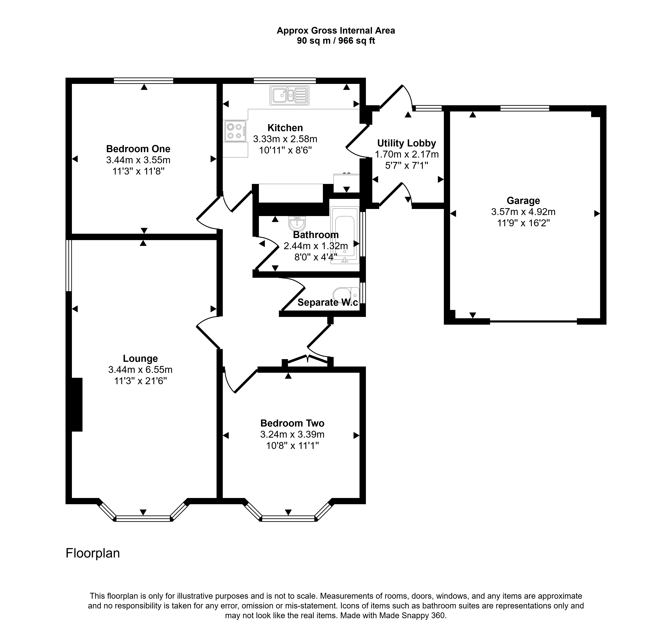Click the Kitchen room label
285,128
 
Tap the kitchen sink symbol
289,95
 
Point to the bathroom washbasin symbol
297,223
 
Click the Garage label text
523,201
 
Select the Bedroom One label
138,149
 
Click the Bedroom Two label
292,423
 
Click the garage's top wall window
525,108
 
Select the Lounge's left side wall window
69,266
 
